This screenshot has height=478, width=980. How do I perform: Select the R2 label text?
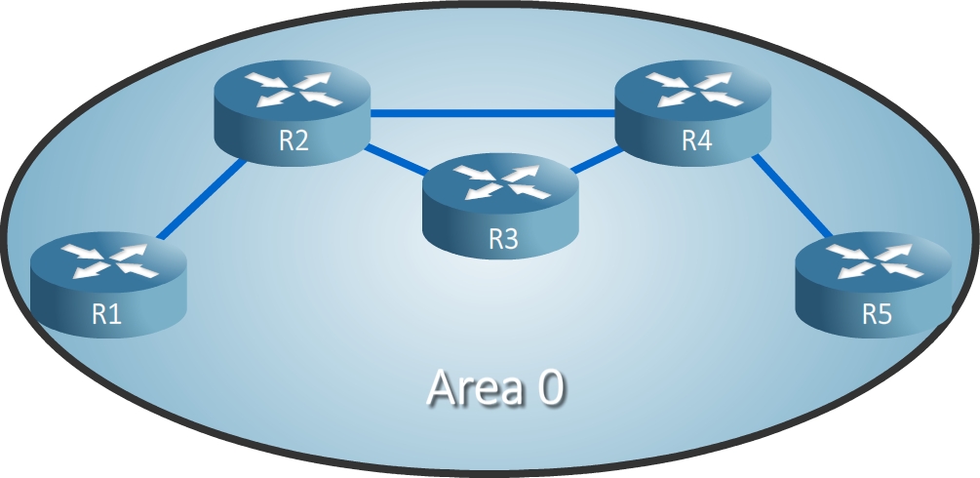coord(294,140)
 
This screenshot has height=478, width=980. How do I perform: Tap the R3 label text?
coord(502,239)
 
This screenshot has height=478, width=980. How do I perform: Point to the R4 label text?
coord(695,140)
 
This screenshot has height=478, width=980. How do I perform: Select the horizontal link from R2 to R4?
coord(492,113)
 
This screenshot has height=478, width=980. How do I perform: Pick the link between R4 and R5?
coord(792,200)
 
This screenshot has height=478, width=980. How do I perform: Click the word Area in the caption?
coord(469,388)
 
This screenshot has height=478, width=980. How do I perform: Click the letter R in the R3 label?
coord(494,239)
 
